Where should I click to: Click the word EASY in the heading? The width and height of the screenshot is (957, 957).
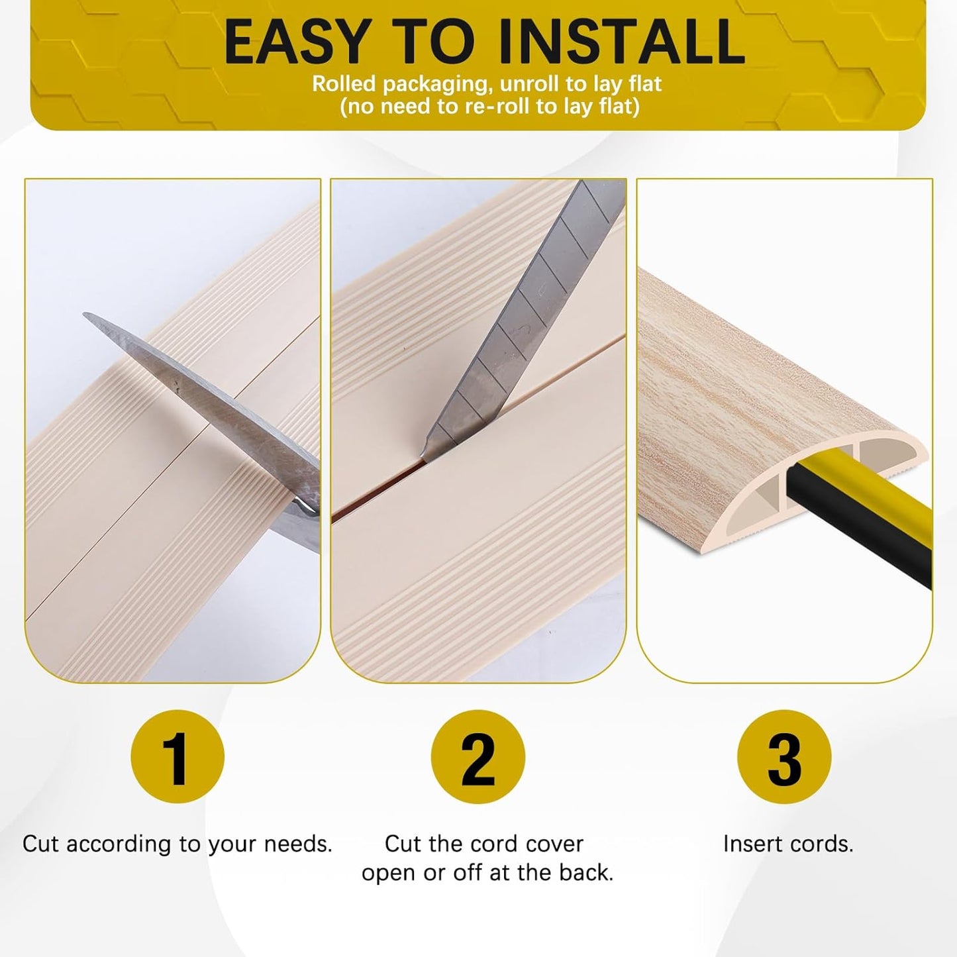[x=295, y=41]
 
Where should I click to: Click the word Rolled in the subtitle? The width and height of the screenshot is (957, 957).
[x=344, y=84]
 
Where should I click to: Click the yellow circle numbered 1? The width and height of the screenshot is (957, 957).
[x=177, y=756]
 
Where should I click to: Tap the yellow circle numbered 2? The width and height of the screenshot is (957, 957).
[x=478, y=756]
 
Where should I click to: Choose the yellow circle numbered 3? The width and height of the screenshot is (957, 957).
[x=784, y=756]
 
